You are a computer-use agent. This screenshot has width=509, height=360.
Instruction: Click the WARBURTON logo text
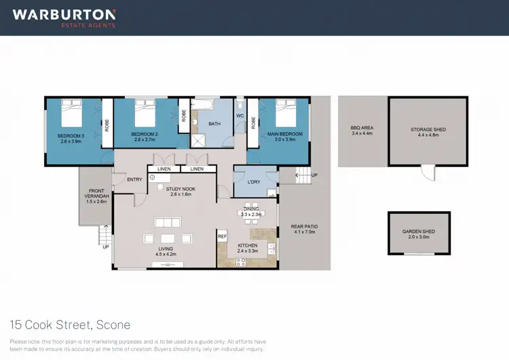click(64, 14)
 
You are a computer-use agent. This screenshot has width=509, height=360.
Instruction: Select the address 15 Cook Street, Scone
click(70, 325)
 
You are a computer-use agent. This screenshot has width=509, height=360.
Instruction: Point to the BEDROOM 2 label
click(144, 134)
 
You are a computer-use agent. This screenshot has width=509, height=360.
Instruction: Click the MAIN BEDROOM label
click(284, 134)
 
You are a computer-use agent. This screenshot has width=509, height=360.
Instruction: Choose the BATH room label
click(214, 124)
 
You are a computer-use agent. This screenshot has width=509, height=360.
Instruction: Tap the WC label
click(240, 115)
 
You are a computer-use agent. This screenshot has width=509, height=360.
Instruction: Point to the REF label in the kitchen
click(221, 236)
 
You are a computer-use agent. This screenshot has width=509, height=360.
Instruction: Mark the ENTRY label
click(134, 179)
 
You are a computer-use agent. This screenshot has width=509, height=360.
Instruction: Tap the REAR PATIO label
click(304, 229)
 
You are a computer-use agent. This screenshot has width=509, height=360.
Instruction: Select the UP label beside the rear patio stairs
click(314, 176)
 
